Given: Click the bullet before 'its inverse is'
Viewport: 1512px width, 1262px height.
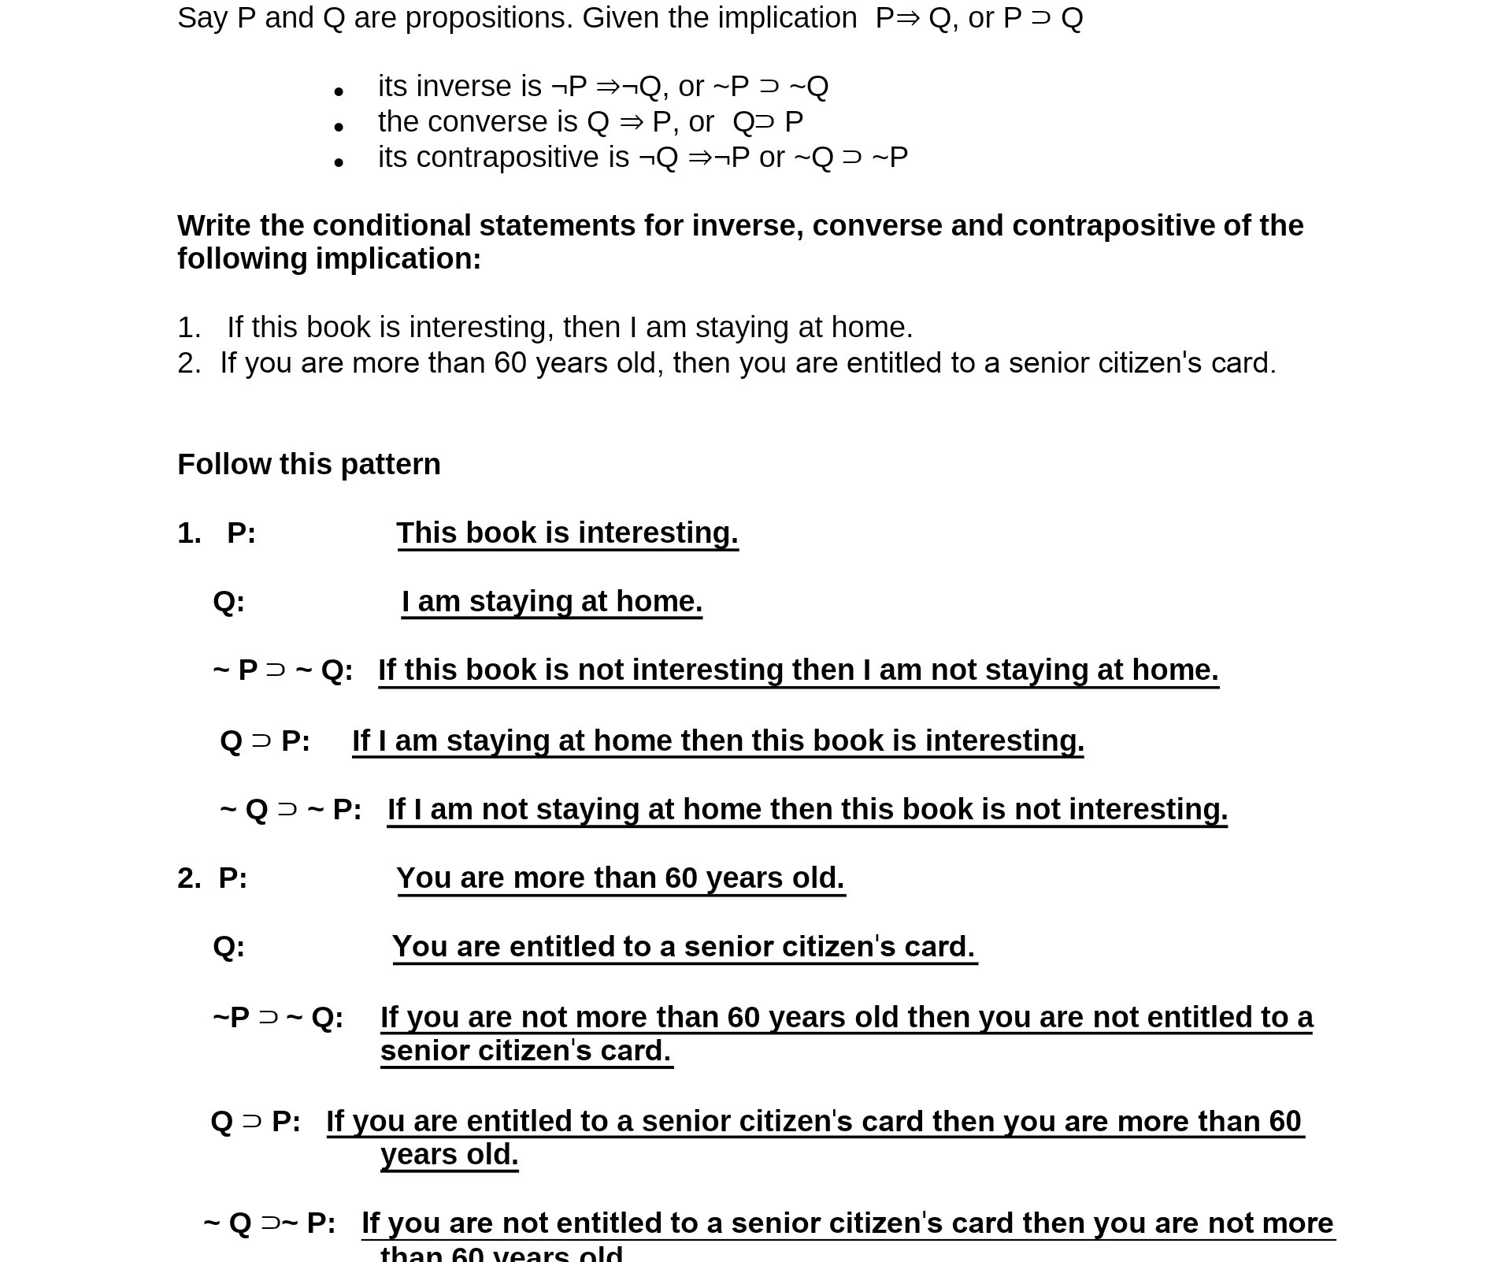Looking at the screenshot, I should pos(339,92).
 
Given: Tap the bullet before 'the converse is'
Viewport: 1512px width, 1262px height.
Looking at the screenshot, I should pos(339,127).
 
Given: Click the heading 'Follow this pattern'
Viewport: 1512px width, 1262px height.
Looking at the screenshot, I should pos(309,464).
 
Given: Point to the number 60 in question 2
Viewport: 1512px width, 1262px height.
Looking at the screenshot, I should pos(510,363).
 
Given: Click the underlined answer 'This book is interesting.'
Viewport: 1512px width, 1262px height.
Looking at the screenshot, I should pos(567,533).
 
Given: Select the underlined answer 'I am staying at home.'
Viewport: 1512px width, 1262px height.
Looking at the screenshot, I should pos(551,602).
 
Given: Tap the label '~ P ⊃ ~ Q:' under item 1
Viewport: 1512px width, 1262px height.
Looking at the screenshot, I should pos(283,670).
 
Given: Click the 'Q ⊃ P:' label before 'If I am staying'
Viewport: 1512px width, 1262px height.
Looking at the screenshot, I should pos(265,740).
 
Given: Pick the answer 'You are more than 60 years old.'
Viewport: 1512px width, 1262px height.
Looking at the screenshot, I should pos(621,878).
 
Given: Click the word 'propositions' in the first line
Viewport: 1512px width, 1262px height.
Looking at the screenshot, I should pos(489,17).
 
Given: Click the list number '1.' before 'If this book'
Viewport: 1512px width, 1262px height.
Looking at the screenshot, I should pos(189,327).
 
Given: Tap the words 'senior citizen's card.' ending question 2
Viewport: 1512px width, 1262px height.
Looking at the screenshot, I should pos(1142,363).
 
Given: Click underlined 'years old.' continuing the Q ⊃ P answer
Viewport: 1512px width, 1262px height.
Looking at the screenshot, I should pos(449,1155).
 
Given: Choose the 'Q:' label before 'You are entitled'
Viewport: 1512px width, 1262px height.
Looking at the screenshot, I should pos(229,946).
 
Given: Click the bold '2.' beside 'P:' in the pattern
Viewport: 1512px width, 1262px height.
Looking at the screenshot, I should pos(189,878).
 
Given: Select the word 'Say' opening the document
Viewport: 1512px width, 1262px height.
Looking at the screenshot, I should pos(202,17).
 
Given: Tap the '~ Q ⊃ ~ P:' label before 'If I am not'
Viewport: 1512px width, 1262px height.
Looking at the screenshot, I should pos(291,809).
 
